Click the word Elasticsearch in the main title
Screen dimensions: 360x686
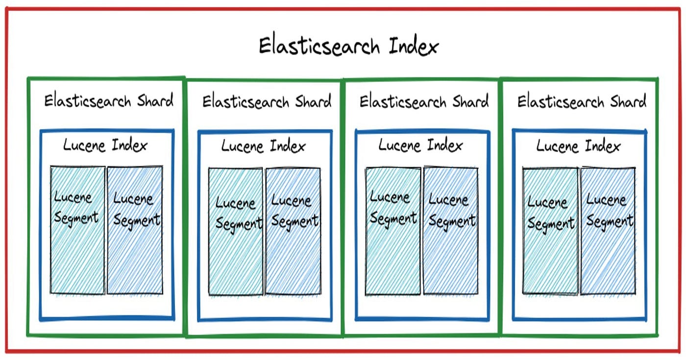click(319, 47)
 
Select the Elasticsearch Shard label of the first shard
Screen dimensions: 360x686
click(109, 101)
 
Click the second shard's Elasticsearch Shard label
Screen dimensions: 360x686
click(267, 102)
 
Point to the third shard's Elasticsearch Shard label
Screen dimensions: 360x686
click(424, 102)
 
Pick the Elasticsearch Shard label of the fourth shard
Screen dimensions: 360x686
click(582, 102)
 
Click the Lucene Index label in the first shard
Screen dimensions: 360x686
click(105, 145)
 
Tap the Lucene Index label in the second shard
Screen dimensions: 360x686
click(263, 146)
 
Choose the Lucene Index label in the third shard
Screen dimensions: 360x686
click(420, 145)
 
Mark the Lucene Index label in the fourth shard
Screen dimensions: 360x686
click(578, 145)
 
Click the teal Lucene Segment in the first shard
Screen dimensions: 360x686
click(77, 230)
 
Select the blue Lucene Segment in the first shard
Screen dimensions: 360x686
click(135, 230)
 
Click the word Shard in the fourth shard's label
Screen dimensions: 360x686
click(628, 102)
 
